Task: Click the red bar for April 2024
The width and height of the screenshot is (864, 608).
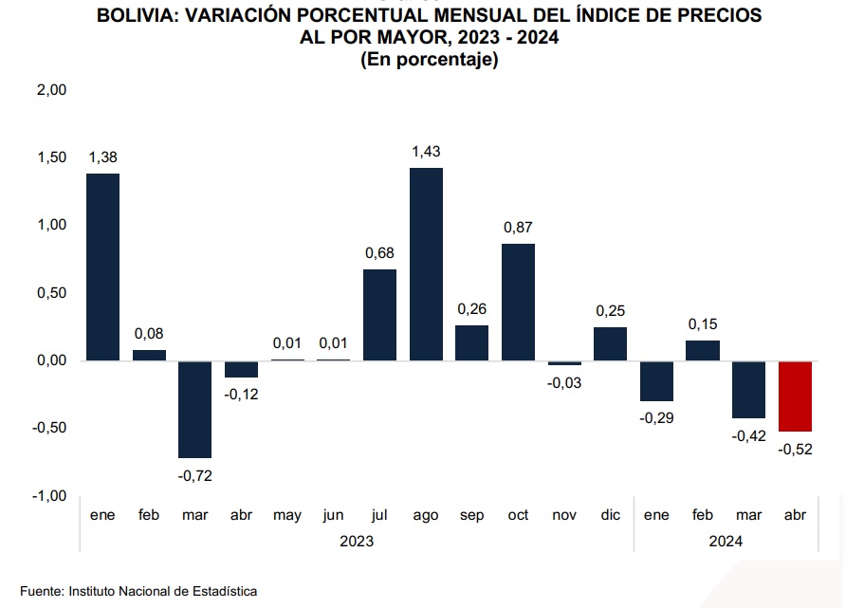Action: (795, 396)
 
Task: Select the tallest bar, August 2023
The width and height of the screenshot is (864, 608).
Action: (426, 264)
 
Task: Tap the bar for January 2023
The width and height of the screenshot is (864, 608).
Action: (102, 267)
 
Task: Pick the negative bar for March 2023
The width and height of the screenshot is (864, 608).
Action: (194, 409)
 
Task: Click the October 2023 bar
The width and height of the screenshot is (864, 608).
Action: (518, 302)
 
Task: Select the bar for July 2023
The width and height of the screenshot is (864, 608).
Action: (379, 314)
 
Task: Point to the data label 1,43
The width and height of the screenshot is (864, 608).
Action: (426, 152)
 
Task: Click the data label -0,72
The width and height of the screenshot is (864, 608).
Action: (194, 474)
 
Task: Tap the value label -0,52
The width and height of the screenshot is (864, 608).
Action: (795, 449)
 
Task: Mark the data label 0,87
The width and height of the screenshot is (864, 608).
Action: (518, 228)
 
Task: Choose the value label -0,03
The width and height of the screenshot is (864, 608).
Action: (564, 382)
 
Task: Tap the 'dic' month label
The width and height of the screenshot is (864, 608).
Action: (610, 515)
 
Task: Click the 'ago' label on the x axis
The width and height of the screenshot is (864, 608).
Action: (426, 515)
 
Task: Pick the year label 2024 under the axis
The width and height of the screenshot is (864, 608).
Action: (726, 541)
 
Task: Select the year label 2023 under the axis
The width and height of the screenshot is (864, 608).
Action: (357, 541)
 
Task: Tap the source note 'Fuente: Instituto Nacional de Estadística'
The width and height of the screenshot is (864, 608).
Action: (138, 590)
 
